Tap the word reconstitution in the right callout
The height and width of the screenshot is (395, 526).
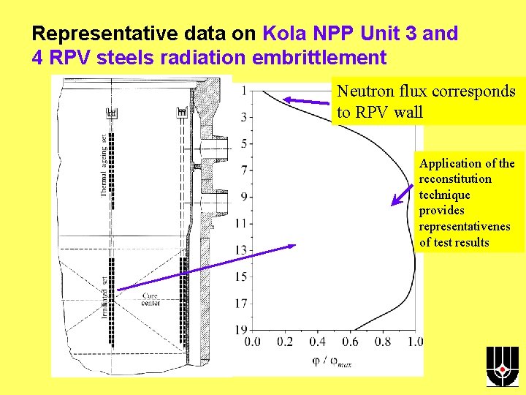455,179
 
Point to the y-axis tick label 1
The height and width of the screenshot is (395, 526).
243,90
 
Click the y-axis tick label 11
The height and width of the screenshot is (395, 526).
241,223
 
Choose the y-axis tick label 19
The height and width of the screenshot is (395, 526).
241,330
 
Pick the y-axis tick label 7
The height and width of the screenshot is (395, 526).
243,170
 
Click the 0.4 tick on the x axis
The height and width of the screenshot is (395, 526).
318,342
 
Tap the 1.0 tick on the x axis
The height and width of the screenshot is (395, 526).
414,342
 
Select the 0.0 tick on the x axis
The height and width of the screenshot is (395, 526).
252,342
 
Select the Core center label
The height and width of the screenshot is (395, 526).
151,300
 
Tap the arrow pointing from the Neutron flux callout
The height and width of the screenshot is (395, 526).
307,101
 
